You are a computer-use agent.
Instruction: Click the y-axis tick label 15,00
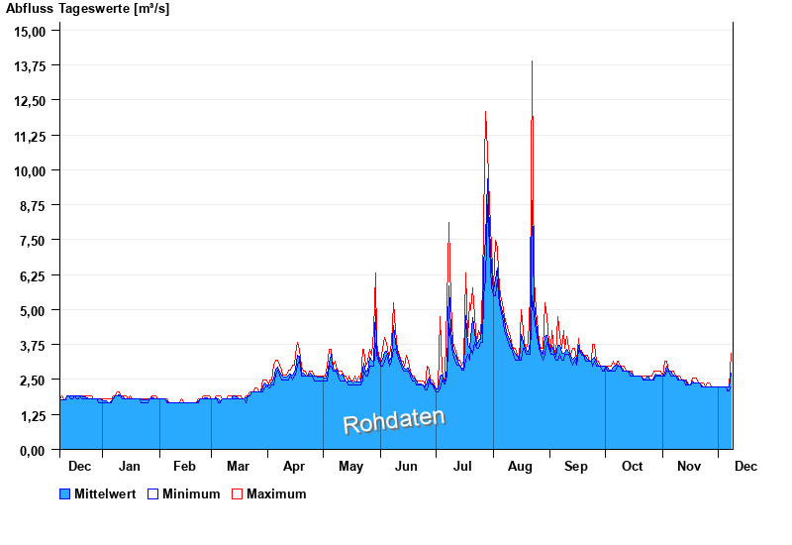pos(30,31)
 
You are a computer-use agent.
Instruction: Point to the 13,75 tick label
pos(30,65)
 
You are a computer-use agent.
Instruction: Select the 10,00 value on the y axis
pos(30,170)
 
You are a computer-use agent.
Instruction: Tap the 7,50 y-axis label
pos(33,240)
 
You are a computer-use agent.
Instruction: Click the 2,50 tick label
pos(33,380)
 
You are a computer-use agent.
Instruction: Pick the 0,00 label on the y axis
pos(33,450)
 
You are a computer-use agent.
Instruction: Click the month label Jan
pos(130,466)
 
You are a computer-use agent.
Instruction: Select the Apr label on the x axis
pos(294,466)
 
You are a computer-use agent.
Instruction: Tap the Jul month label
pos(463,466)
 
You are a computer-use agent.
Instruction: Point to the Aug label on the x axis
pos(520,466)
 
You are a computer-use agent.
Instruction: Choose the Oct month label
pos(632,466)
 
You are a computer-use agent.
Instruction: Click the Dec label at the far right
pos(745,466)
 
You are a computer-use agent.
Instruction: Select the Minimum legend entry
pos(191,493)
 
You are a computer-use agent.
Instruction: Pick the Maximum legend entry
pos(276,493)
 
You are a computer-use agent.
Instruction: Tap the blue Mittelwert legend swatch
pos(65,493)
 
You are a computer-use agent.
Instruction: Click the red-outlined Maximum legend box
pos(237,493)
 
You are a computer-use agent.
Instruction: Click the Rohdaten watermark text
pos(394,421)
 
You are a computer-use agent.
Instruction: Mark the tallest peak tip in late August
pos(533,61)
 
